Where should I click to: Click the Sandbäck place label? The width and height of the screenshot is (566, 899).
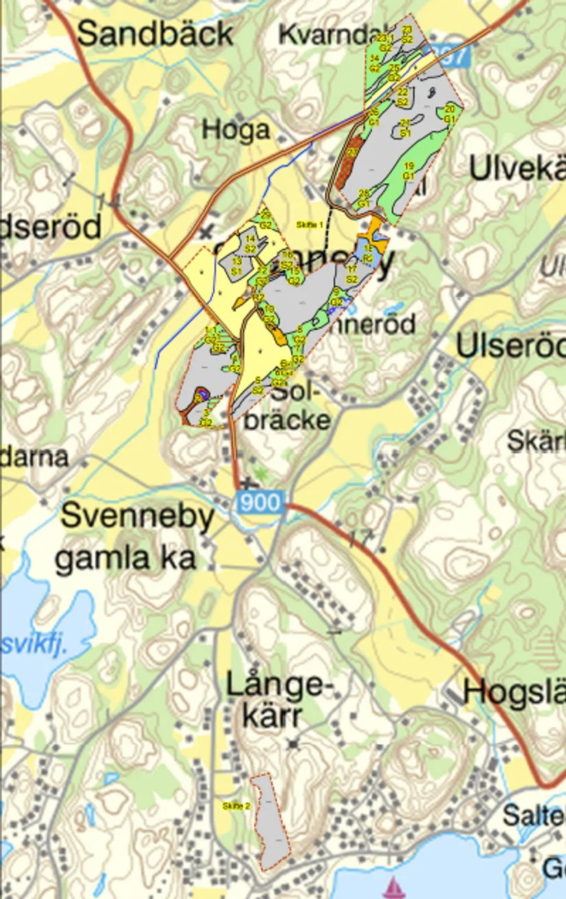(155, 34)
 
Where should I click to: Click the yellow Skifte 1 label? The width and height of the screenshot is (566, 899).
(309, 225)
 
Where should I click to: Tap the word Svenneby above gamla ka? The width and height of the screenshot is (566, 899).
(138, 517)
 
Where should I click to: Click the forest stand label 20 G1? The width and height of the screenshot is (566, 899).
(450, 114)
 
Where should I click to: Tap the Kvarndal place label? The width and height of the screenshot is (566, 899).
(322, 34)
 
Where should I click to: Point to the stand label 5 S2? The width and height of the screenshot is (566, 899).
(258, 385)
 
